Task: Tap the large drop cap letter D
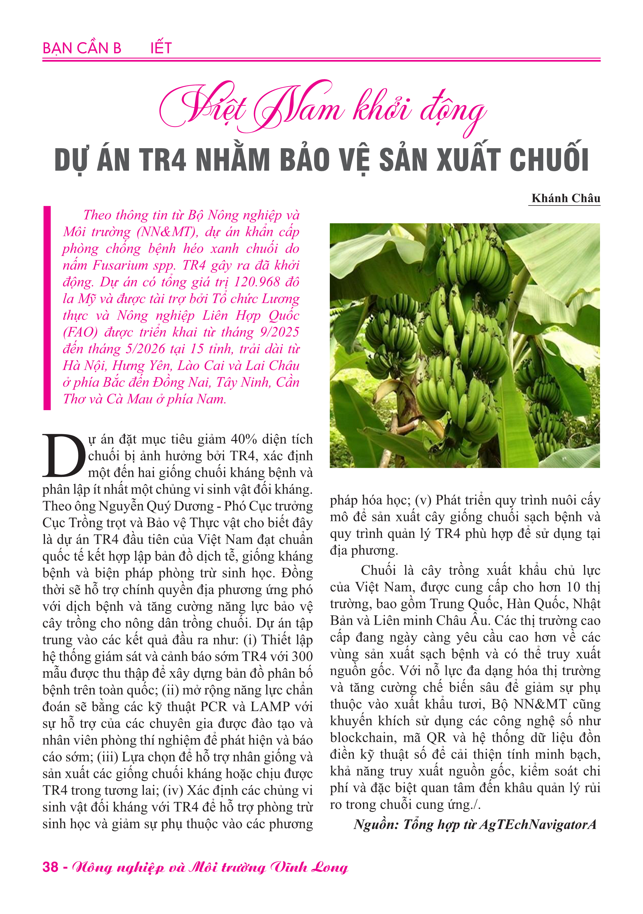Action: [x=64, y=455]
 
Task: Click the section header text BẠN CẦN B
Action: [x=82, y=48]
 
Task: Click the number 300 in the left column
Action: [x=302, y=656]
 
